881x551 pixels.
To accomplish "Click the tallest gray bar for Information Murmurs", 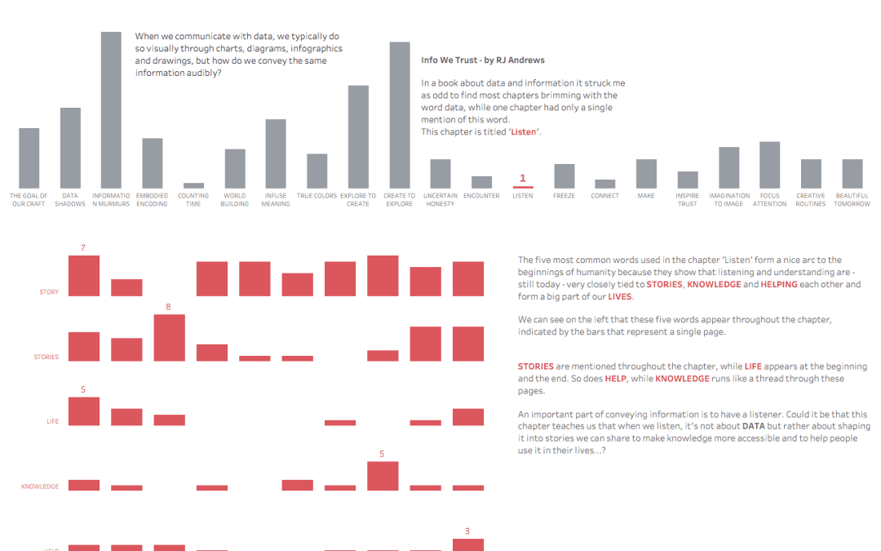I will [x=111, y=110].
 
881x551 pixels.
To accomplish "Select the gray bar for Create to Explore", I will [x=399, y=115].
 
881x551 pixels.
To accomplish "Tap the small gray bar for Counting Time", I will [x=193, y=185].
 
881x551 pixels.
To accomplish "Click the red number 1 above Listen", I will [x=523, y=178].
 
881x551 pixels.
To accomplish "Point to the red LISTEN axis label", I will [x=523, y=196].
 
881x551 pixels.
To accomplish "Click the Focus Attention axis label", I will [x=769, y=199].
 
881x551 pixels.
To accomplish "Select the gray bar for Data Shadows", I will [x=70, y=148].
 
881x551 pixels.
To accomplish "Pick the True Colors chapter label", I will [x=317, y=196].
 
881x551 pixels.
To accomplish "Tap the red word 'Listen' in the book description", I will [x=524, y=131].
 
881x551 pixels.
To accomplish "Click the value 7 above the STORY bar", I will [x=83, y=247].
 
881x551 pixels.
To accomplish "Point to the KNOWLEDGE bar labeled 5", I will [x=383, y=476].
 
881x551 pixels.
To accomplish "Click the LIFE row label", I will [x=52, y=421].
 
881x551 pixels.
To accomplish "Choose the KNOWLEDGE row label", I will [x=40, y=487].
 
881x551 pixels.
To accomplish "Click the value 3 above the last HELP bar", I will [x=467, y=531].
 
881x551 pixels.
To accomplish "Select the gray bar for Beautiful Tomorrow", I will [x=852, y=174].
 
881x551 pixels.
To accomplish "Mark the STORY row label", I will [x=49, y=291].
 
